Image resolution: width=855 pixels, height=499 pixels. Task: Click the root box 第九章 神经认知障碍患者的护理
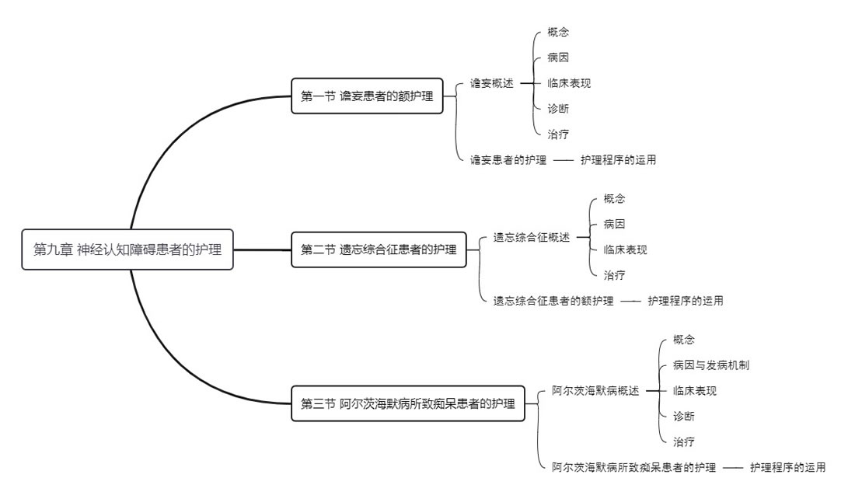[x=127, y=249]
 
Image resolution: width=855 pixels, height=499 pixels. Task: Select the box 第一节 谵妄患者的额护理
[x=367, y=96]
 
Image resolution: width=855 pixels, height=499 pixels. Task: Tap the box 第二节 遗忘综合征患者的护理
[x=379, y=249]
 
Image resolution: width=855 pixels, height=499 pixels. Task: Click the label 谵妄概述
[x=492, y=83]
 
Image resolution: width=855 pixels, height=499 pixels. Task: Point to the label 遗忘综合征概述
[x=532, y=237]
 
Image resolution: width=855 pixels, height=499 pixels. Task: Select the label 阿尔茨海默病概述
[x=595, y=390]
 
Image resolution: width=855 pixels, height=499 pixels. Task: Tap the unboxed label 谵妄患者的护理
[x=508, y=160]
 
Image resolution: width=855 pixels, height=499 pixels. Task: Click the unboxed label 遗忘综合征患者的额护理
[x=553, y=301]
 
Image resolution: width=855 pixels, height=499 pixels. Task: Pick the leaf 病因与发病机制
[x=711, y=365]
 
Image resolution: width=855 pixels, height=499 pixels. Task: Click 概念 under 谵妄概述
[x=557, y=32]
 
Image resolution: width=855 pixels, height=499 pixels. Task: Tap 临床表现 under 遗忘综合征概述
[x=625, y=249]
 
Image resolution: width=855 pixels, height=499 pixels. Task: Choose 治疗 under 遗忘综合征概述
[x=614, y=275]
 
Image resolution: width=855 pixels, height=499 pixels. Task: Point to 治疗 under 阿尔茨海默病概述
[x=684, y=441]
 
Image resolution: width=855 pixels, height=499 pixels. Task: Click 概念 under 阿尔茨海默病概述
[x=684, y=340]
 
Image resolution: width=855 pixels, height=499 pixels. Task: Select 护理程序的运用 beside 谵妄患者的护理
[x=618, y=160]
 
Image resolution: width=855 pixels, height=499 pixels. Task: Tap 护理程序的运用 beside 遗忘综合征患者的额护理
[x=686, y=301]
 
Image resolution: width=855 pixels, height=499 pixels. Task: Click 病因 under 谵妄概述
[x=557, y=58]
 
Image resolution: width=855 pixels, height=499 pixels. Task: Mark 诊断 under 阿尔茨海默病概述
[x=684, y=416]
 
